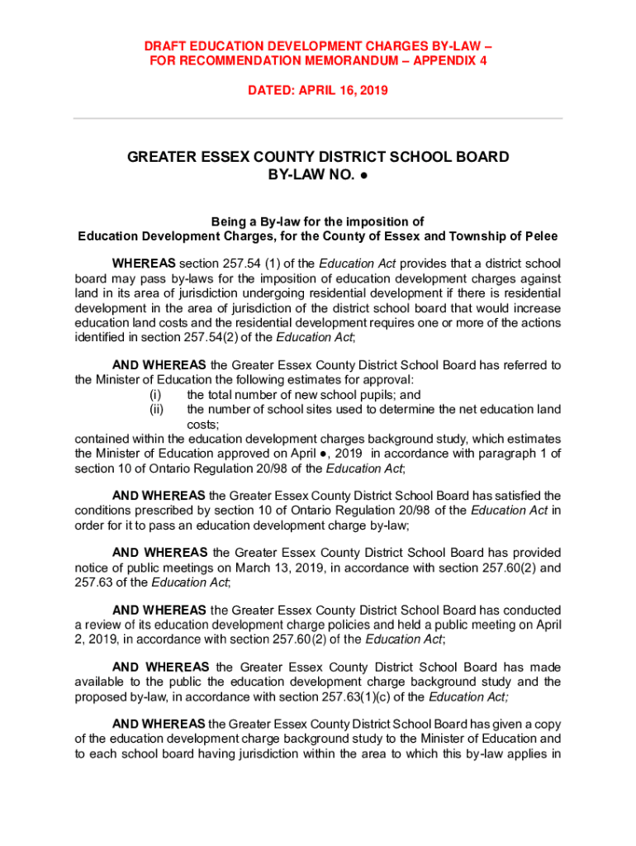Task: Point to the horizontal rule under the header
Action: pyautogui.click(x=318, y=119)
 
